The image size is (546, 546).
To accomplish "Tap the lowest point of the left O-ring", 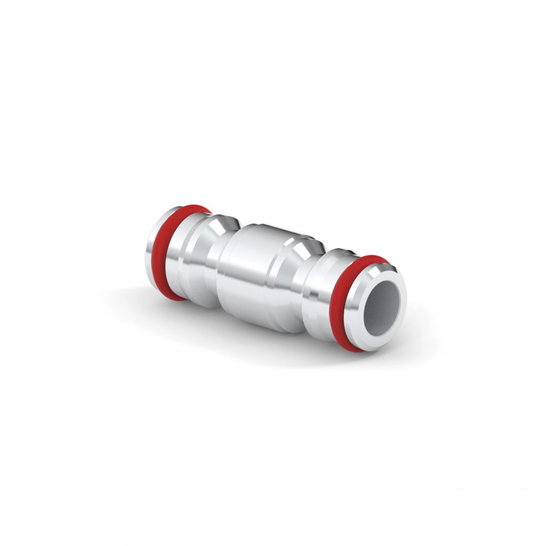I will [x=176, y=299].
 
